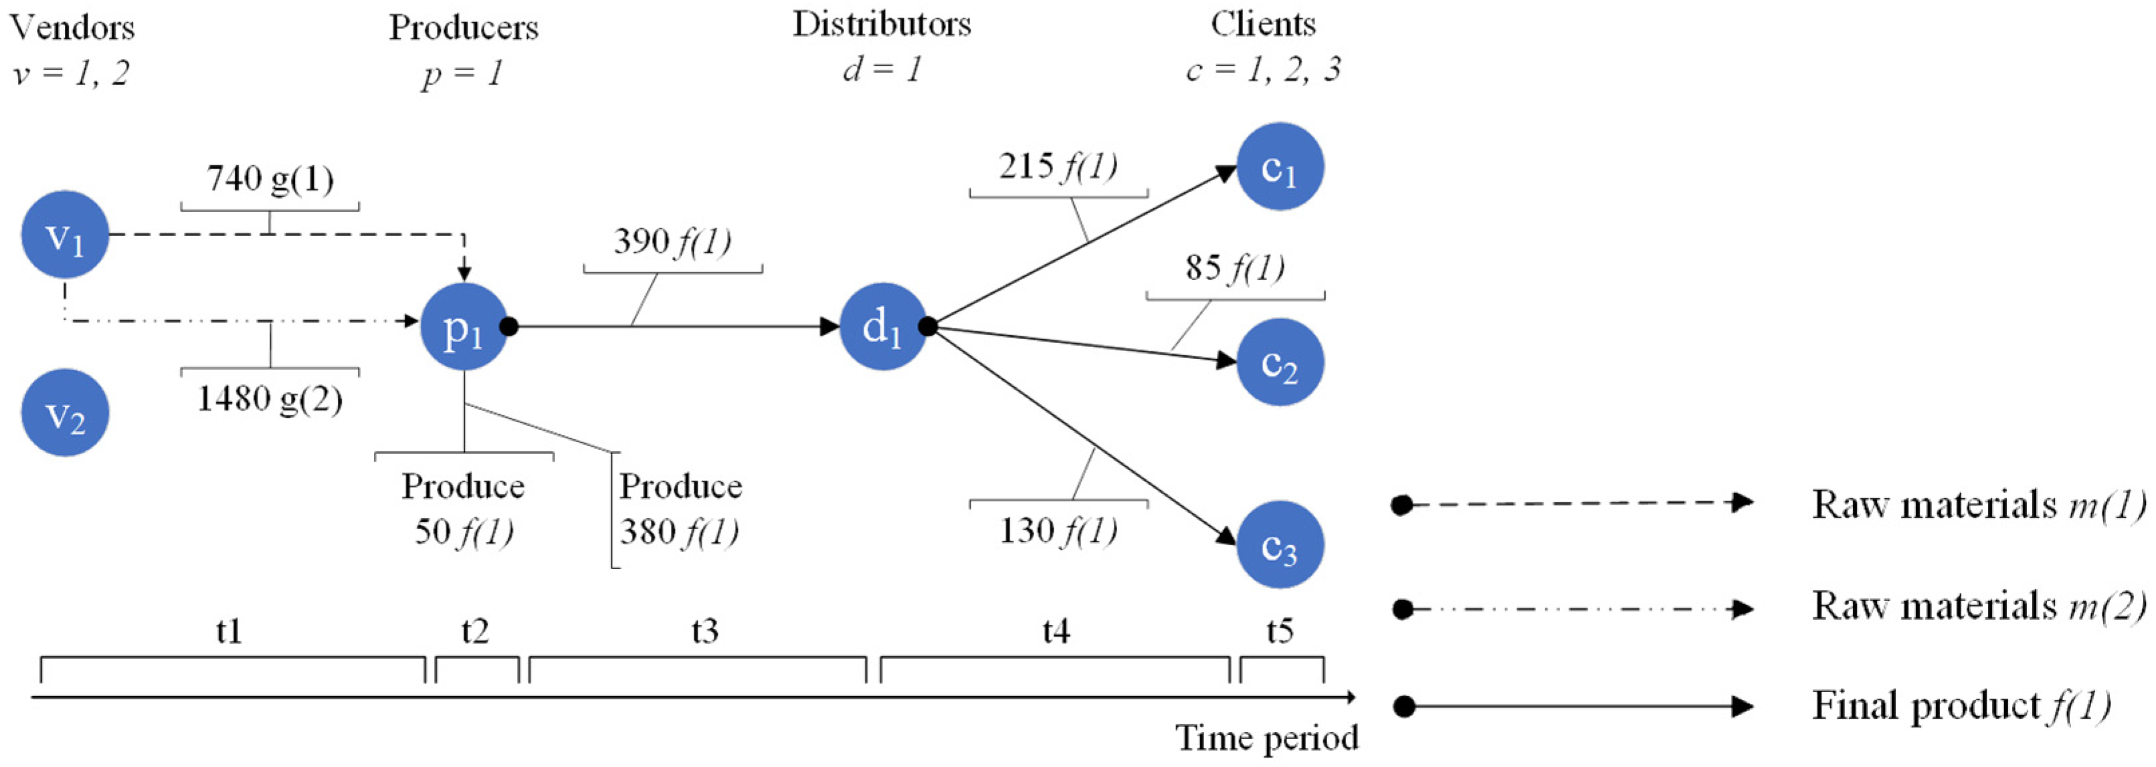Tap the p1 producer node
[x=464, y=327]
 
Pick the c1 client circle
[x=1280, y=167]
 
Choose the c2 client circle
[x=1280, y=363]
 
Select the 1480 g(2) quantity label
[x=270, y=399]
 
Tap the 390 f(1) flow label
[x=672, y=241]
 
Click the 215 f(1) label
[x=1058, y=167]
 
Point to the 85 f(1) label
[x=1234, y=267]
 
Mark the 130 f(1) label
[x=1058, y=530]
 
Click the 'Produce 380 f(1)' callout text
[x=680, y=508]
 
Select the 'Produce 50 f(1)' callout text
[x=464, y=508]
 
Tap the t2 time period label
[x=476, y=631]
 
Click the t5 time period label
[x=1280, y=631]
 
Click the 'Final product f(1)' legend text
[x=1960, y=706]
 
